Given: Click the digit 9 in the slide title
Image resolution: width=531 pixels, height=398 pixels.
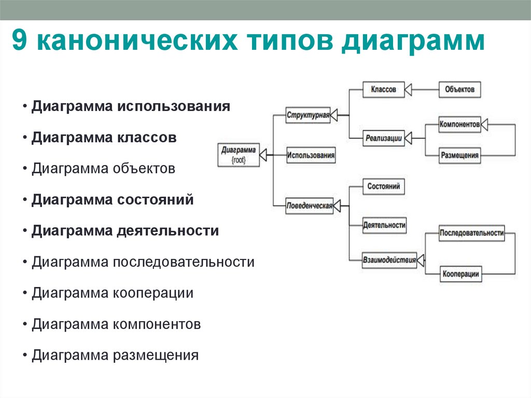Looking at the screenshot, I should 20,42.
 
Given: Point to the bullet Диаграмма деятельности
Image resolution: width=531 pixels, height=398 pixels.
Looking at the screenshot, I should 125,231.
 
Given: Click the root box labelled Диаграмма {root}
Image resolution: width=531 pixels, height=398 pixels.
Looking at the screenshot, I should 238,155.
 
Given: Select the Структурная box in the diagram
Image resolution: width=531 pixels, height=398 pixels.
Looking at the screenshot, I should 308,115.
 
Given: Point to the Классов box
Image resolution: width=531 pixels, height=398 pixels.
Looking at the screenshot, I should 383,89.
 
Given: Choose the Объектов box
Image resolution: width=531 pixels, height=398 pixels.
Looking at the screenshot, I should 459,89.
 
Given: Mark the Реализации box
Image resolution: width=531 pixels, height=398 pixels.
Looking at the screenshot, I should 383,138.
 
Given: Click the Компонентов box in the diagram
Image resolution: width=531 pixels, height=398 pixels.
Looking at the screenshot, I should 459,125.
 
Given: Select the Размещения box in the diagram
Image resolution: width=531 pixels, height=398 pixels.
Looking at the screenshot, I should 459,155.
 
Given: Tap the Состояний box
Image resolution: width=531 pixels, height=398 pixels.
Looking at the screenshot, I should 383,186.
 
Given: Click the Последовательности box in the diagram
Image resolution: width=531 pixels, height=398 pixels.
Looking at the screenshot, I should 471,233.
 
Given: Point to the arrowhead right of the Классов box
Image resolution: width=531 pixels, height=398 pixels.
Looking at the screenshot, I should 408,90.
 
